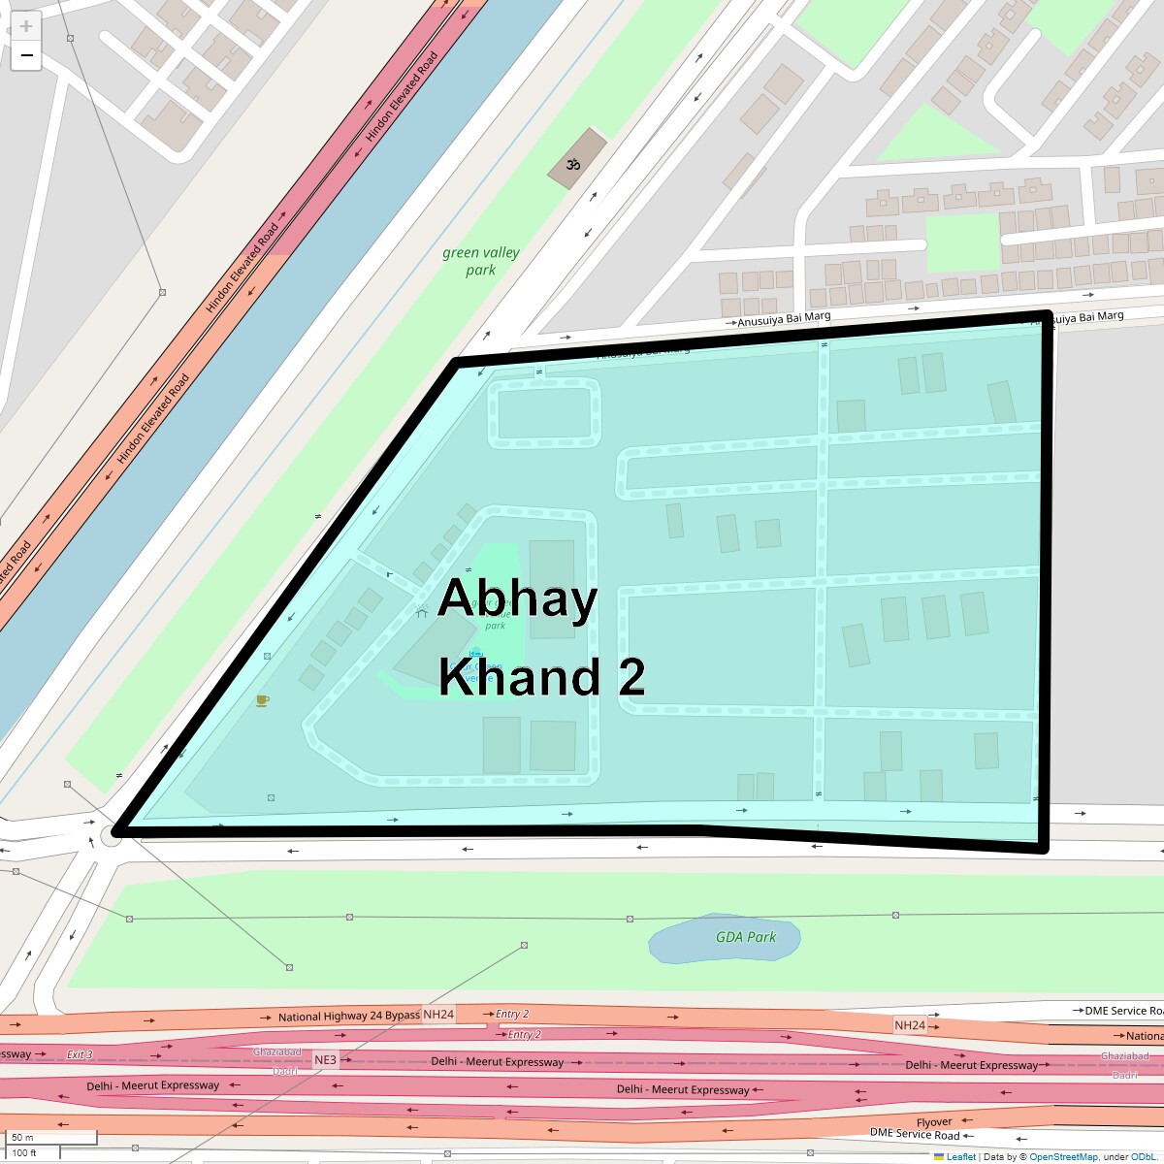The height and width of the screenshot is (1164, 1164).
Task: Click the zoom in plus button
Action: (x=26, y=26)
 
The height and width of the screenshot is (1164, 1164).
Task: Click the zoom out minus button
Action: (x=26, y=55)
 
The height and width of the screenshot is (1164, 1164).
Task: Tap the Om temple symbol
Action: (x=573, y=165)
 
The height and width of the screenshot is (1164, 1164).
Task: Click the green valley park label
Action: (x=481, y=261)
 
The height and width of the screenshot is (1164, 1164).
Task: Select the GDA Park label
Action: (x=746, y=937)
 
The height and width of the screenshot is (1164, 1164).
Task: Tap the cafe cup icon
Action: (x=262, y=700)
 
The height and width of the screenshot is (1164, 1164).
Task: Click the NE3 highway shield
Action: (x=325, y=1060)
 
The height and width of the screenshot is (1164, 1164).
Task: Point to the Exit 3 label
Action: (x=80, y=1054)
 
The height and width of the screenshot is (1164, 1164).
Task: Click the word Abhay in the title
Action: (x=517, y=598)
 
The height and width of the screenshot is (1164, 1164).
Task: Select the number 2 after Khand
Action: (x=631, y=677)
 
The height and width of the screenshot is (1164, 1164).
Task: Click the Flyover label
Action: (x=934, y=1122)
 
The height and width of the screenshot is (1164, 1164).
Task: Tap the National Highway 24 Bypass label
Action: (x=349, y=1017)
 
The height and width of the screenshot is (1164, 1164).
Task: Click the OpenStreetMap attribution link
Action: (x=1063, y=1156)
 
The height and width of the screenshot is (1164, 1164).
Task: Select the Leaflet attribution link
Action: (x=960, y=1156)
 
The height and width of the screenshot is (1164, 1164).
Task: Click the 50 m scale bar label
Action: (x=22, y=1138)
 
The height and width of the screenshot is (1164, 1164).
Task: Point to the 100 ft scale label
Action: (x=24, y=1153)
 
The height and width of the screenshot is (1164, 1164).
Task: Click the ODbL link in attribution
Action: (x=1144, y=1156)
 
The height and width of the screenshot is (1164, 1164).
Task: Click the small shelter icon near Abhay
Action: (x=421, y=612)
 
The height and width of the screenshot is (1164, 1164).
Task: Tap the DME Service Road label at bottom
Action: (x=915, y=1134)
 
